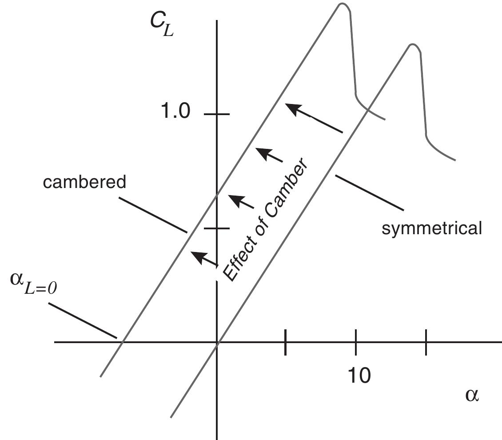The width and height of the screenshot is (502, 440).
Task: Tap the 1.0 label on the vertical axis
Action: [175, 112]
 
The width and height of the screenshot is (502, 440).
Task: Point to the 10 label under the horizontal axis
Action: [358, 376]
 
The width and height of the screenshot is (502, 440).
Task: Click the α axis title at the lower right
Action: [472, 395]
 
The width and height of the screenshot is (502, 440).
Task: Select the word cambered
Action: [84, 182]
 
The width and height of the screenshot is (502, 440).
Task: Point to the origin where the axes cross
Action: [217, 342]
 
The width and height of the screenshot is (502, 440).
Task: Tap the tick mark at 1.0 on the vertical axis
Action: [217, 114]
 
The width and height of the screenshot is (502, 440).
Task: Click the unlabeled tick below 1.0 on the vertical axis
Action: [217, 228]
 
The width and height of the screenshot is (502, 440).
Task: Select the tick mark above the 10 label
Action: [355, 342]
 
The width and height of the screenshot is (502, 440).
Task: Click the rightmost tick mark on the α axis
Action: [426, 342]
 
